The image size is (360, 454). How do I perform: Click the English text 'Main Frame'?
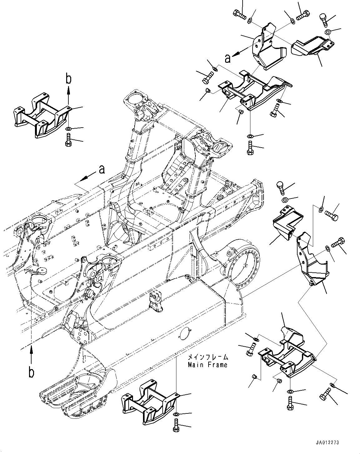(x=207, y=364)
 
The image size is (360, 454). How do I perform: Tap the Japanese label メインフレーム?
(x=208, y=357)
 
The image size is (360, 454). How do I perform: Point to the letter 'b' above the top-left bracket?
(x=68, y=79)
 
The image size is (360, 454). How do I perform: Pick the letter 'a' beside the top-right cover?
(x=228, y=58)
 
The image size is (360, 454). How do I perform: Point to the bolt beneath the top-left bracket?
(x=68, y=139)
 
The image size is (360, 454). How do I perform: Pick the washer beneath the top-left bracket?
(x=68, y=129)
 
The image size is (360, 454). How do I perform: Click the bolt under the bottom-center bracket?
(x=176, y=426)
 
